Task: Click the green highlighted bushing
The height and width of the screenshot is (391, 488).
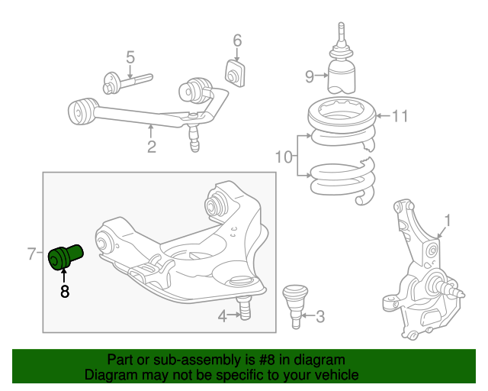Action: pyautogui.click(x=66, y=257)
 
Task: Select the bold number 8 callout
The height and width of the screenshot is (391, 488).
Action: pyautogui.click(x=64, y=292)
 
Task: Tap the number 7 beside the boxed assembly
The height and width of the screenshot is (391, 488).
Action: pyautogui.click(x=32, y=254)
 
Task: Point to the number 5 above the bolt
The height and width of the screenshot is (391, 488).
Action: pyautogui.click(x=130, y=57)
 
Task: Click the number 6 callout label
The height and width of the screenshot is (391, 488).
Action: pyautogui.click(x=237, y=40)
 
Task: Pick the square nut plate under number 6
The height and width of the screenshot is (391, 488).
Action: pyautogui.click(x=235, y=74)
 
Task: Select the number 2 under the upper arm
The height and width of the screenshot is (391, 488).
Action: pyautogui.click(x=151, y=147)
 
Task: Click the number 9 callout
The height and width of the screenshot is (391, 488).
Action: pyautogui.click(x=310, y=76)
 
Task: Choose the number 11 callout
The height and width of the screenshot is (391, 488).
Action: pyautogui.click(x=400, y=116)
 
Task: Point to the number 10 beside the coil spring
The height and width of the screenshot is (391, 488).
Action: pyautogui.click(x=284, y=157)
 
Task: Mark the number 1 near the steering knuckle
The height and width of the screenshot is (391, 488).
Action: pyautogui.click(x=448, y=221)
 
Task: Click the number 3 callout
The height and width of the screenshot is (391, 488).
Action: pyautogui.click(x=320, y=316)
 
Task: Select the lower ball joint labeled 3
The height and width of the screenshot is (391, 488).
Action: pyautogui.click(x=295, y=306)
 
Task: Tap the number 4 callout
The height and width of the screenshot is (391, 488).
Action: pyautogui.click(x=222, y=316)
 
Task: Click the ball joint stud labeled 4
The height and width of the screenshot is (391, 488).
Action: pyautogui.click(x=244, y=308)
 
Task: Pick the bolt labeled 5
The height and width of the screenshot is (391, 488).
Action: pyautogui.click(x=127, y=83)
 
